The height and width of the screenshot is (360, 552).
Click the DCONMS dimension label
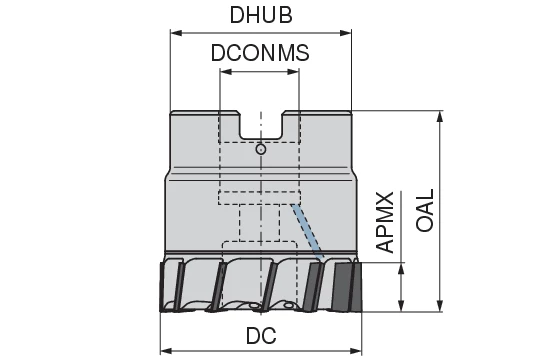(x=260, y=54)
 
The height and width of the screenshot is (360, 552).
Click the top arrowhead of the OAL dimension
(x=441, y=116)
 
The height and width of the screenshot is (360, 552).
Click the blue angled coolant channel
(x=305, y=231)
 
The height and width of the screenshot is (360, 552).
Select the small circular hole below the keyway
(x=260, y=150)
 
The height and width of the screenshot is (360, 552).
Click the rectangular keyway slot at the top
(x=260, y=125)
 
